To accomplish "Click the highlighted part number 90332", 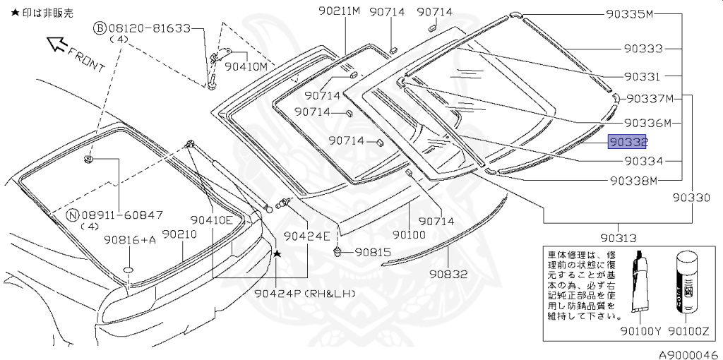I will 628,143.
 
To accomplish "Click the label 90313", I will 618,238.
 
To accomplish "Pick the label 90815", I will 372,252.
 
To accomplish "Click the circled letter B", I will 100,28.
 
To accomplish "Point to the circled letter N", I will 71,214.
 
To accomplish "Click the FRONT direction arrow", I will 56,46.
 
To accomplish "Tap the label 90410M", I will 246,66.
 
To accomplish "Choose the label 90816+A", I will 130,240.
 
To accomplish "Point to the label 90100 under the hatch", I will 410,234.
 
